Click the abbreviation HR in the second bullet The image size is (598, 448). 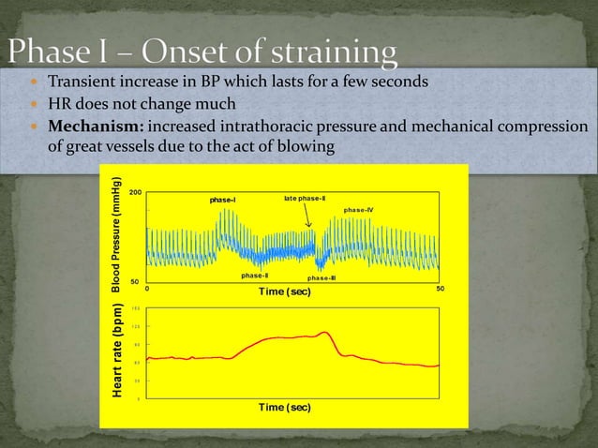pyautogui.click(x=59, y=103)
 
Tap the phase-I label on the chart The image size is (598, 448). pyautogui.click(x=223, y=200)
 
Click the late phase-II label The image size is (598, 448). pyautogui.click(x=305, y=199)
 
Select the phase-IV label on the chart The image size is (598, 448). pyautogui.click(x=359, y=209)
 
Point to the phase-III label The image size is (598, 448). pyautogui.click(x=321, y=278)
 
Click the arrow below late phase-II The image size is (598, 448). pyautogui.click(x=309, y=216)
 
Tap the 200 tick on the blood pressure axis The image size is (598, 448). pyautogui.click(x=135, y=191)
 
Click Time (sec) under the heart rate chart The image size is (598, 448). pyautogui.click(x=285, y=408)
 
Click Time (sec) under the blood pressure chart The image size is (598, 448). pyautogui.click(x=285, y=291)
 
